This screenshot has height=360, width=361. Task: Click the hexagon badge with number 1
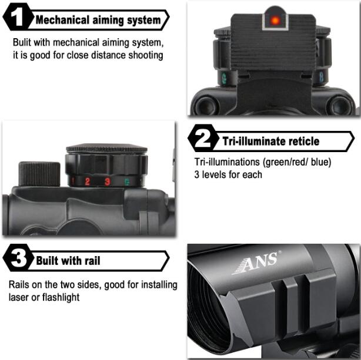[x=17, y=17]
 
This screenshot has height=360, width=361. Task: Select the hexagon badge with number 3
[x=17, y=257]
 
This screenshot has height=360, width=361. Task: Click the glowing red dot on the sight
[x=275, y=21]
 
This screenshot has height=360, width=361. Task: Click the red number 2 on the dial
[x=87, y=181]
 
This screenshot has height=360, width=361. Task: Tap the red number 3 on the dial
[x=107, y=181]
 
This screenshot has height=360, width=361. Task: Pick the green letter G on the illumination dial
[x=127, y=181]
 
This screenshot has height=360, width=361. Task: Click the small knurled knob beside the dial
[x=39, y=174]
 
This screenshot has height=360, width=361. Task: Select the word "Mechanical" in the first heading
[x=62, y=20]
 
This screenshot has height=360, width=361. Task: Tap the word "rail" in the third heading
[x=92, y=261]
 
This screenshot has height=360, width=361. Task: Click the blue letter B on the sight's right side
[x=321, y=77]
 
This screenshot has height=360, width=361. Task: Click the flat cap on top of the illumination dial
[x=106, y=148]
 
